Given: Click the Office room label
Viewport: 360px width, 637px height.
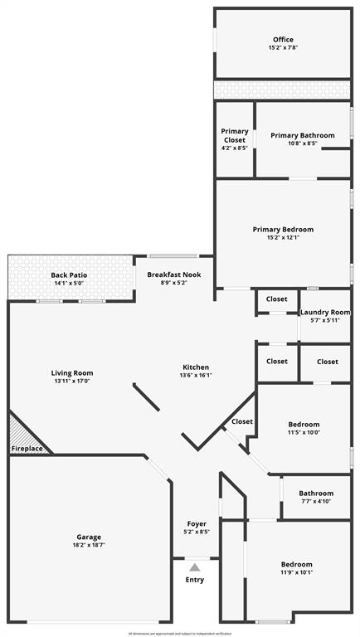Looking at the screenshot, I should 283,40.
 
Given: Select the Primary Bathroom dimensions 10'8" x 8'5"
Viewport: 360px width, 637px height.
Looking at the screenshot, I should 303,143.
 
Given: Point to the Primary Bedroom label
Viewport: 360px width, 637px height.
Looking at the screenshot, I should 283,229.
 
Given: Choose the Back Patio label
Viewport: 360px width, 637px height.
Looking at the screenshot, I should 69,275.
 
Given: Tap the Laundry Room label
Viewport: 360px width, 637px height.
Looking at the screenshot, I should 324,312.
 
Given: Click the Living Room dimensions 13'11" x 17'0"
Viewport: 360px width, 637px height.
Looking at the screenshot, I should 71,382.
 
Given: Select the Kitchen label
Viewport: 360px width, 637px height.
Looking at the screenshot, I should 196,367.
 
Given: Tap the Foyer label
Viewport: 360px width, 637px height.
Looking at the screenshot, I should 197,523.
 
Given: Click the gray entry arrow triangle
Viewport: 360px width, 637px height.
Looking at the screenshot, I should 194,567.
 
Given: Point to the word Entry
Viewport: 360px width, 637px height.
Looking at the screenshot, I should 194,579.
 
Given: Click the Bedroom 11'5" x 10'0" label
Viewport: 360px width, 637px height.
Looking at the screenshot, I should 304,427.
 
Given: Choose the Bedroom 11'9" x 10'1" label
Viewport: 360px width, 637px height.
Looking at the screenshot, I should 296,567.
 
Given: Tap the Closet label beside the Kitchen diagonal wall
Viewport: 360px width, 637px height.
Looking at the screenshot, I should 242,421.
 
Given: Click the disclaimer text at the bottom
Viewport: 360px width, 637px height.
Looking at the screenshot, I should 180,633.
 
